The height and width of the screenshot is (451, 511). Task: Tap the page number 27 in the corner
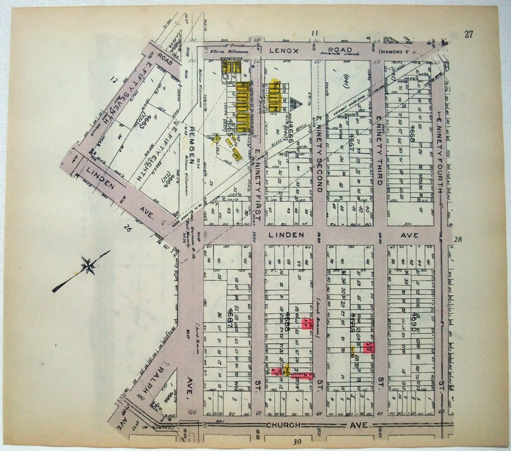468,34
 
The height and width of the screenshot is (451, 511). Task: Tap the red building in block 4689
369,347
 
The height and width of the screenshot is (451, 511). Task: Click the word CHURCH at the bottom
283,425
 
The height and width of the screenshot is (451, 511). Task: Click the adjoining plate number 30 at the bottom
297,442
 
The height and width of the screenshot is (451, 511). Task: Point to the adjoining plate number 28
458,240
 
